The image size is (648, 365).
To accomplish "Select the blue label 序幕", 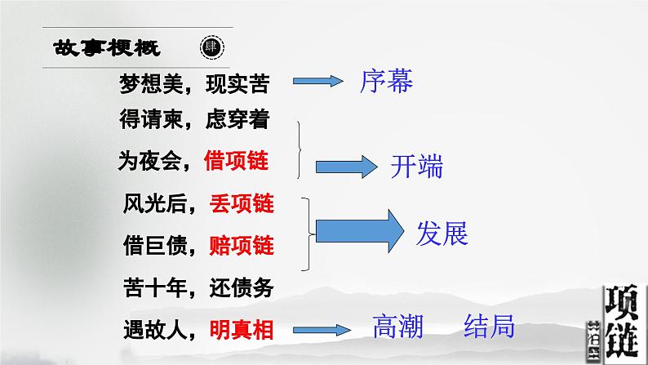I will click(x=385, y=82).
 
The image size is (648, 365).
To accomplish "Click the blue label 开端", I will click(x=416, y=167).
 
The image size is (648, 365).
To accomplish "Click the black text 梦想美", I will click(x=144, y=82).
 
